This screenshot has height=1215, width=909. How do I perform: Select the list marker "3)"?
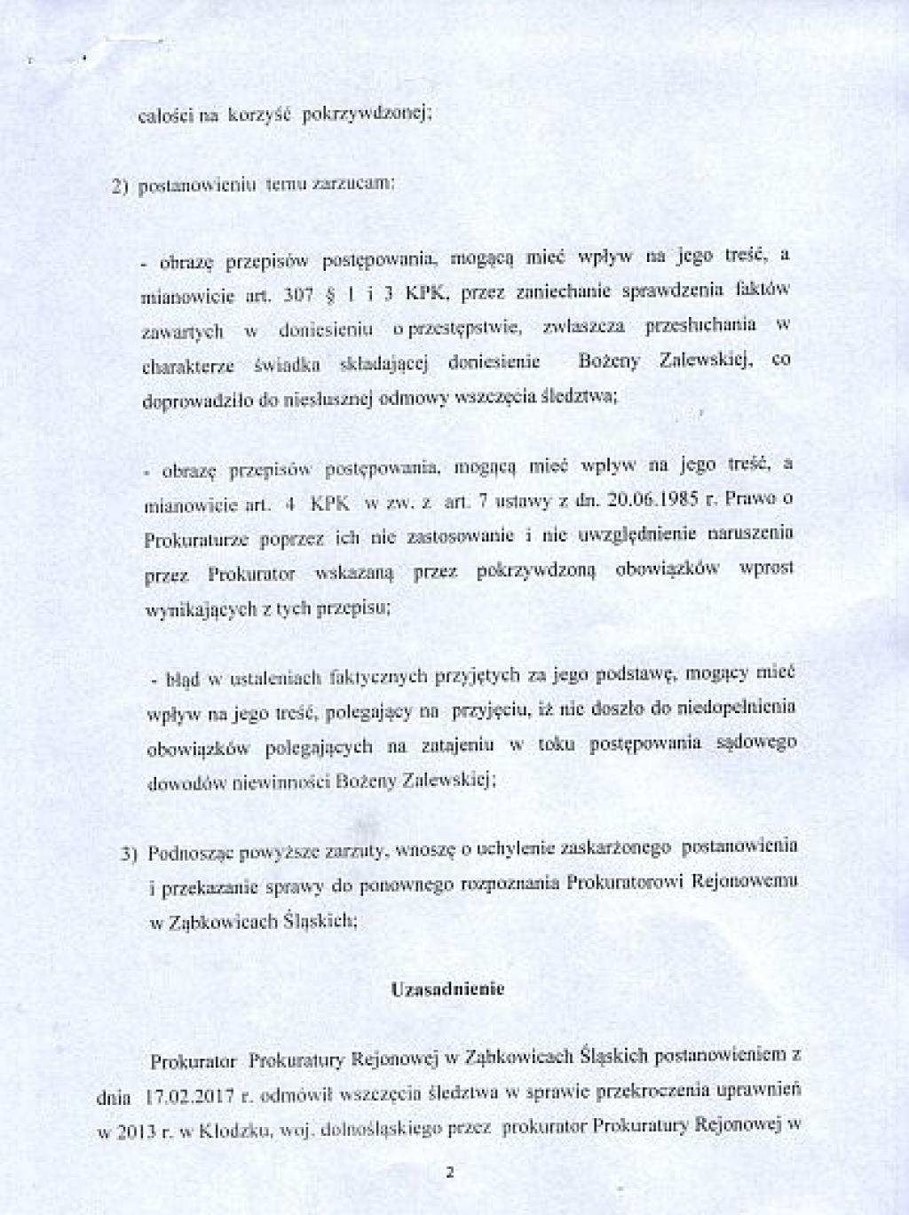pos(130,854)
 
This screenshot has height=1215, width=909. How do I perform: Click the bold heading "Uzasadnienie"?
pos(447,989)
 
